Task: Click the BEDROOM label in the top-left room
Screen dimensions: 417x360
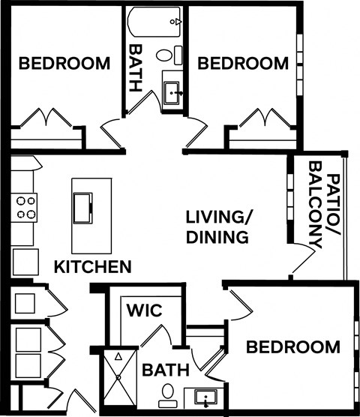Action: (64, 64)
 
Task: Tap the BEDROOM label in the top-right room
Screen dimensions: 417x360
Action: (242, 64)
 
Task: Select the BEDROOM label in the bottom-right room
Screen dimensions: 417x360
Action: (293, 347)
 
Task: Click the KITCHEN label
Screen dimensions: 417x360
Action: (93, 266)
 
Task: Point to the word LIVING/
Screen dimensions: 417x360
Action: (220, 217)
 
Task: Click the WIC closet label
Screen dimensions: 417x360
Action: (145, 310)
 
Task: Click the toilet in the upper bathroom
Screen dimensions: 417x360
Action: (178, 55)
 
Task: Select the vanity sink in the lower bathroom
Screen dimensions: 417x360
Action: (205, 397)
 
